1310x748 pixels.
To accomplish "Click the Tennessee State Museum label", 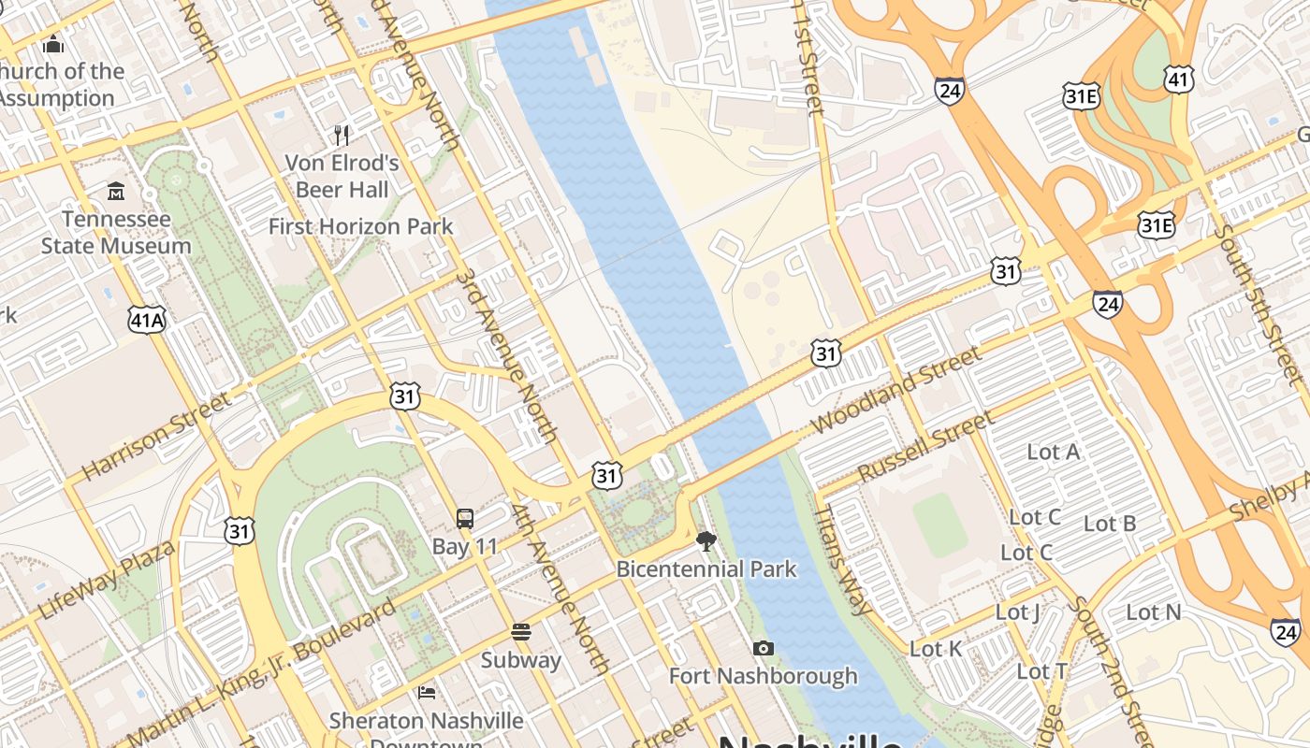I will click(x=116, y=233).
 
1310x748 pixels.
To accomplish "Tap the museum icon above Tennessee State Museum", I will click(x=116, y=192).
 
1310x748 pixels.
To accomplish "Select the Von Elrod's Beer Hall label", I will click(x=342, y=177).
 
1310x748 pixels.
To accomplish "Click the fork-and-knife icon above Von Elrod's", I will click(x=342, y=136).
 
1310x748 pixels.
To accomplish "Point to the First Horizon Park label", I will click(x=360, y=226).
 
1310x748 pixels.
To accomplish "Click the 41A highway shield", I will click(x=148, y=321).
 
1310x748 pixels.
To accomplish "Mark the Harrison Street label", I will click(x=155, y=436).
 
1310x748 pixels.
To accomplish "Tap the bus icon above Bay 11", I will click(x=464, y=519).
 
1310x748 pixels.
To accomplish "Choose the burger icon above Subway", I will click(x=521, y=632).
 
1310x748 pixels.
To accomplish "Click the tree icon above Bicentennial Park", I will click(x=706, y=541).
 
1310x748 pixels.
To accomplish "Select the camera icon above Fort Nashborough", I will click(x=764, y=648).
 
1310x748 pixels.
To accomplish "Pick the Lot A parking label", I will click(x=1054, y=453).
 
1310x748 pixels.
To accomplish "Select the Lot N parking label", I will click(x=1154, y=612).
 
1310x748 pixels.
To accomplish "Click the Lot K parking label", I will click(x=936, y=649).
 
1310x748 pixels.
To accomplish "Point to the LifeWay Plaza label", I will click(x=107, y=580).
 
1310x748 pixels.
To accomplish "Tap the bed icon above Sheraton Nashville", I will click(x=426, y=693).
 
